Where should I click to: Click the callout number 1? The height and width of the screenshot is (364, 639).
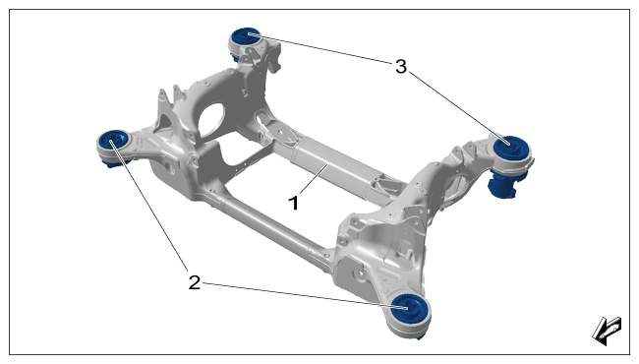(x=293, y=203)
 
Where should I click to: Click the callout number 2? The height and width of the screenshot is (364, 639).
(x=195, y=282)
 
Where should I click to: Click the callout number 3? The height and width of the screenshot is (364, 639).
(x=401, y=66)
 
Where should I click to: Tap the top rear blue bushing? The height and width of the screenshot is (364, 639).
(x=245, y=37)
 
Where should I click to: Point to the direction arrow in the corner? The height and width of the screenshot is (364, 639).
(x=607, y=331)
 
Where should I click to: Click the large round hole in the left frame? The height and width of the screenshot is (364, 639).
(x=210, y=119)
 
